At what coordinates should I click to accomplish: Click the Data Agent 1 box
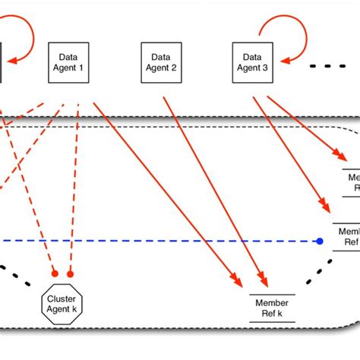[x=70, y=62]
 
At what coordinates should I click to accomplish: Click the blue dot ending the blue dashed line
[x=321, y=242]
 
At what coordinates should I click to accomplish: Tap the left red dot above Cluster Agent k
[x=54, y=273]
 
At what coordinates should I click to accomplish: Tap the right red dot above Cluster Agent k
[x=71, y=273]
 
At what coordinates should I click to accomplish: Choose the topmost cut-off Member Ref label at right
[x=350, y=180]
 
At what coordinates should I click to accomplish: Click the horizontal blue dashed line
[x=152, y=242]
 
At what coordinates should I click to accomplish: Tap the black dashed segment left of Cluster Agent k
[x=17, y=277]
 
